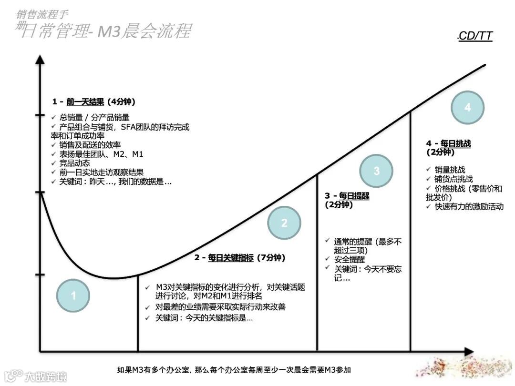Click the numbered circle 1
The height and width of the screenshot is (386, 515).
coord(73,296)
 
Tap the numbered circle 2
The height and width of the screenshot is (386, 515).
coord(284,223)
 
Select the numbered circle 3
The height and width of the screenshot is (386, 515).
coord(376,171)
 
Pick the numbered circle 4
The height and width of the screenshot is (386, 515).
coord(467,108)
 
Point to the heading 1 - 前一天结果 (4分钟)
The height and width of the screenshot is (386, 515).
coord(94,102)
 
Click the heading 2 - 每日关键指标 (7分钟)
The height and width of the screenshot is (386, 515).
coord(239,258)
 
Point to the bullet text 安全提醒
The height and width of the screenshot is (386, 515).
coord(350,260)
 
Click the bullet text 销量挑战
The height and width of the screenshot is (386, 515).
coord(450,170)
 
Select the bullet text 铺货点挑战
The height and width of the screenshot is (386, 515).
coord(453,179)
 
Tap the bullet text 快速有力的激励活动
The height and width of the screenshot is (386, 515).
coord(469,207)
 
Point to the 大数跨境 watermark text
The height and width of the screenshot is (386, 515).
coord(46,376)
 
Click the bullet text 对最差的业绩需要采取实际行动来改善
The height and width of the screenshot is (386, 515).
coord(220,307)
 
